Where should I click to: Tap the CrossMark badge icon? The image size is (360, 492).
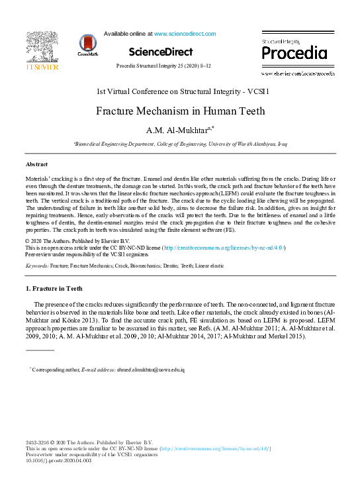(x=87, y=44)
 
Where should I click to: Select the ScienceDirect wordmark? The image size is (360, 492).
(x=161, y=52)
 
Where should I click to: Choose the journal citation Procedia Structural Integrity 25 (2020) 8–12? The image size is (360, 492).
(x=163, y=66)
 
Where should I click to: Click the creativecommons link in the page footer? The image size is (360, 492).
(x=213, y=449)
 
